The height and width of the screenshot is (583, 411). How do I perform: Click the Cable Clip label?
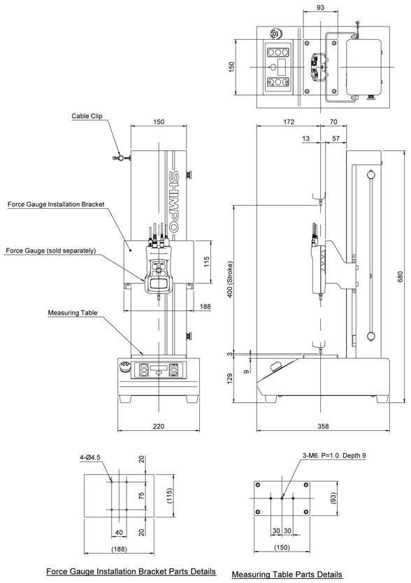(87, 116)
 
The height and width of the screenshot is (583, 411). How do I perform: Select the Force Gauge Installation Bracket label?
(56, 204)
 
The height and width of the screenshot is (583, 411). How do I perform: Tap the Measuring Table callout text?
(73, 313)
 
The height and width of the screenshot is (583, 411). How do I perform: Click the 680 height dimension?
(401, 276)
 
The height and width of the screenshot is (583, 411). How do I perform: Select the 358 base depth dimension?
(323, 426)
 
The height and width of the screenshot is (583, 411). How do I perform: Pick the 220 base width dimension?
(159, 426)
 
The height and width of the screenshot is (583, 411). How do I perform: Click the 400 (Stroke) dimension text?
(230, 279)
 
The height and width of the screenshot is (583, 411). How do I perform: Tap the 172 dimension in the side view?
(289, 121)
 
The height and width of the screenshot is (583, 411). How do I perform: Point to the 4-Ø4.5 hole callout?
(89, 457)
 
